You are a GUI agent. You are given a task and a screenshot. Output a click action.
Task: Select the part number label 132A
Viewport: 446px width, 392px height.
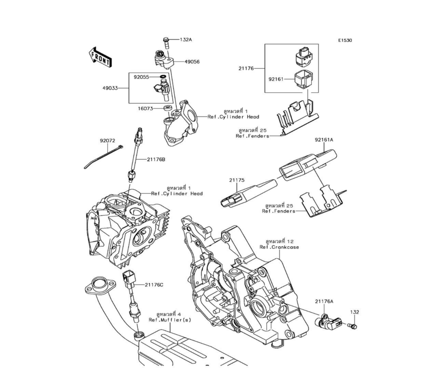(x=186, y=40)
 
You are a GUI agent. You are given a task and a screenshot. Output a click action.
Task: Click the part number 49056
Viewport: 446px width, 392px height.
(x=192, y=61)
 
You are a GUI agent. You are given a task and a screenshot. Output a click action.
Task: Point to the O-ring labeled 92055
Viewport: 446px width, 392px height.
(x=163, y=77)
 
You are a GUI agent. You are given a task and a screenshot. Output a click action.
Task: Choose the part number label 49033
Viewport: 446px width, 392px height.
(x=110, y=88)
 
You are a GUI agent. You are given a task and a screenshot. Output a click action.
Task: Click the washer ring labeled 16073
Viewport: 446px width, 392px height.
(x=168, y=108)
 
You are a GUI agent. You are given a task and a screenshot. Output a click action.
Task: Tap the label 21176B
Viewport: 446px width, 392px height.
(x=156, y=159)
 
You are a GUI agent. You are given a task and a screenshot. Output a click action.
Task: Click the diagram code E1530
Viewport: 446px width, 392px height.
(x=345, y=41)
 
